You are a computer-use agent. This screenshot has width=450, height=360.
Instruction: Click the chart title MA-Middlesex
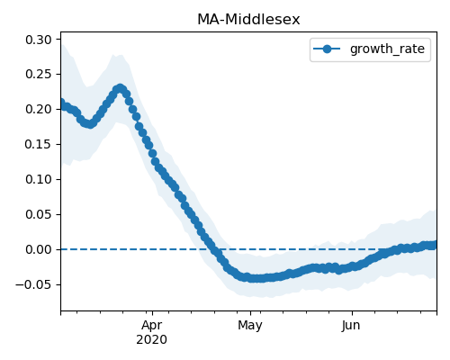click(x=248, y=20)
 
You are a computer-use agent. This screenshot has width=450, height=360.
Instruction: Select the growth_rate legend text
click(x=387, y=49)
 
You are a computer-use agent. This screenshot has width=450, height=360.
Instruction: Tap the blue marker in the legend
click(x=327, y=49)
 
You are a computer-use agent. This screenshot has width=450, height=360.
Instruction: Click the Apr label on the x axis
click(x=152, y=326)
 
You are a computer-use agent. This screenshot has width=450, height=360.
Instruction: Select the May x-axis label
click(x=250, y=326)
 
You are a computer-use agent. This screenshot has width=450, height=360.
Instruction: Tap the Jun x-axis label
click(x=351, y=326)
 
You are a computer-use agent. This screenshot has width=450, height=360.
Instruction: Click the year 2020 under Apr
click(x=152, y=340)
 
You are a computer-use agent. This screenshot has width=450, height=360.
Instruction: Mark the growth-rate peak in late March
click(x=120, y=88)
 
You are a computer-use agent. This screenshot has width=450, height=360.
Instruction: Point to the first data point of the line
click(x=61, y=103)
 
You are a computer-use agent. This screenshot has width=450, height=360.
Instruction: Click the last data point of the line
click(x=433, y=245)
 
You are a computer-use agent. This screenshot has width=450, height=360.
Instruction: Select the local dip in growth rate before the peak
click(x=89, y=123)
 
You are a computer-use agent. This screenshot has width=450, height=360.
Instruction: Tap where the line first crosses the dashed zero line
click(x=214, y=249)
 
